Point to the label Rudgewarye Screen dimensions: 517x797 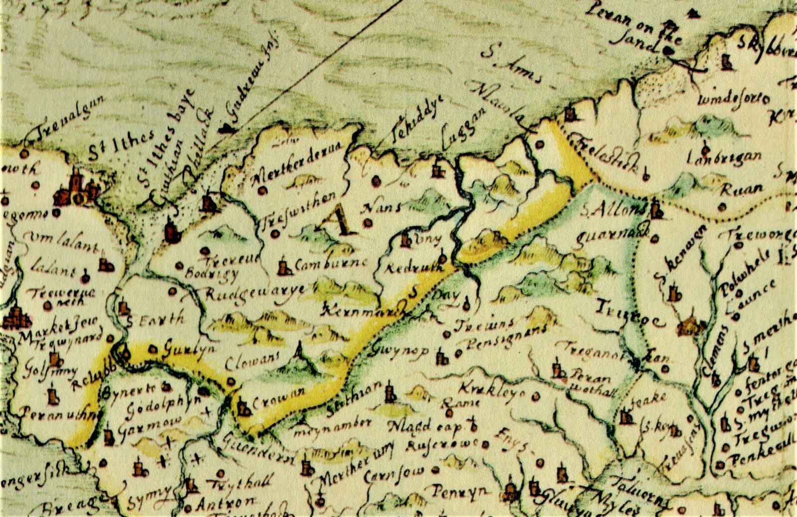tap(255, 294)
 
